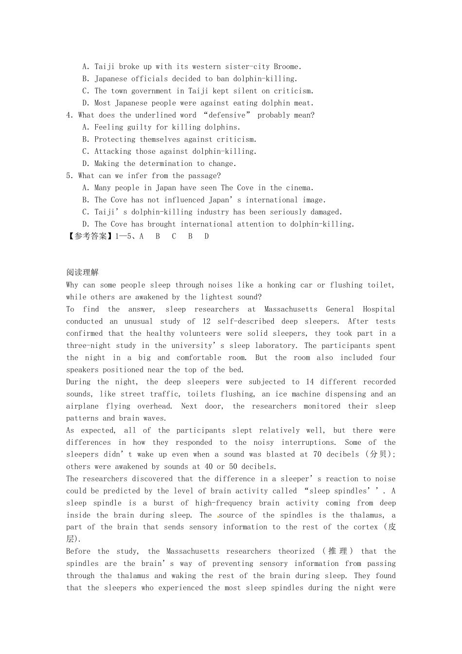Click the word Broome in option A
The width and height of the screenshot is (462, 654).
[287, 67]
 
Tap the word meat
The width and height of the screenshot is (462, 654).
[303, 103]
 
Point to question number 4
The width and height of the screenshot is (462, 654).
[69, 115]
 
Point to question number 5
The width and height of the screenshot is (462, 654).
[69, 176]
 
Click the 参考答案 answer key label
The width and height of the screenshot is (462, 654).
[90, 236]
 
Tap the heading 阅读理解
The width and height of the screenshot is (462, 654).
[82, 272]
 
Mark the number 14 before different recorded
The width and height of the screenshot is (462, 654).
[310, 382]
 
